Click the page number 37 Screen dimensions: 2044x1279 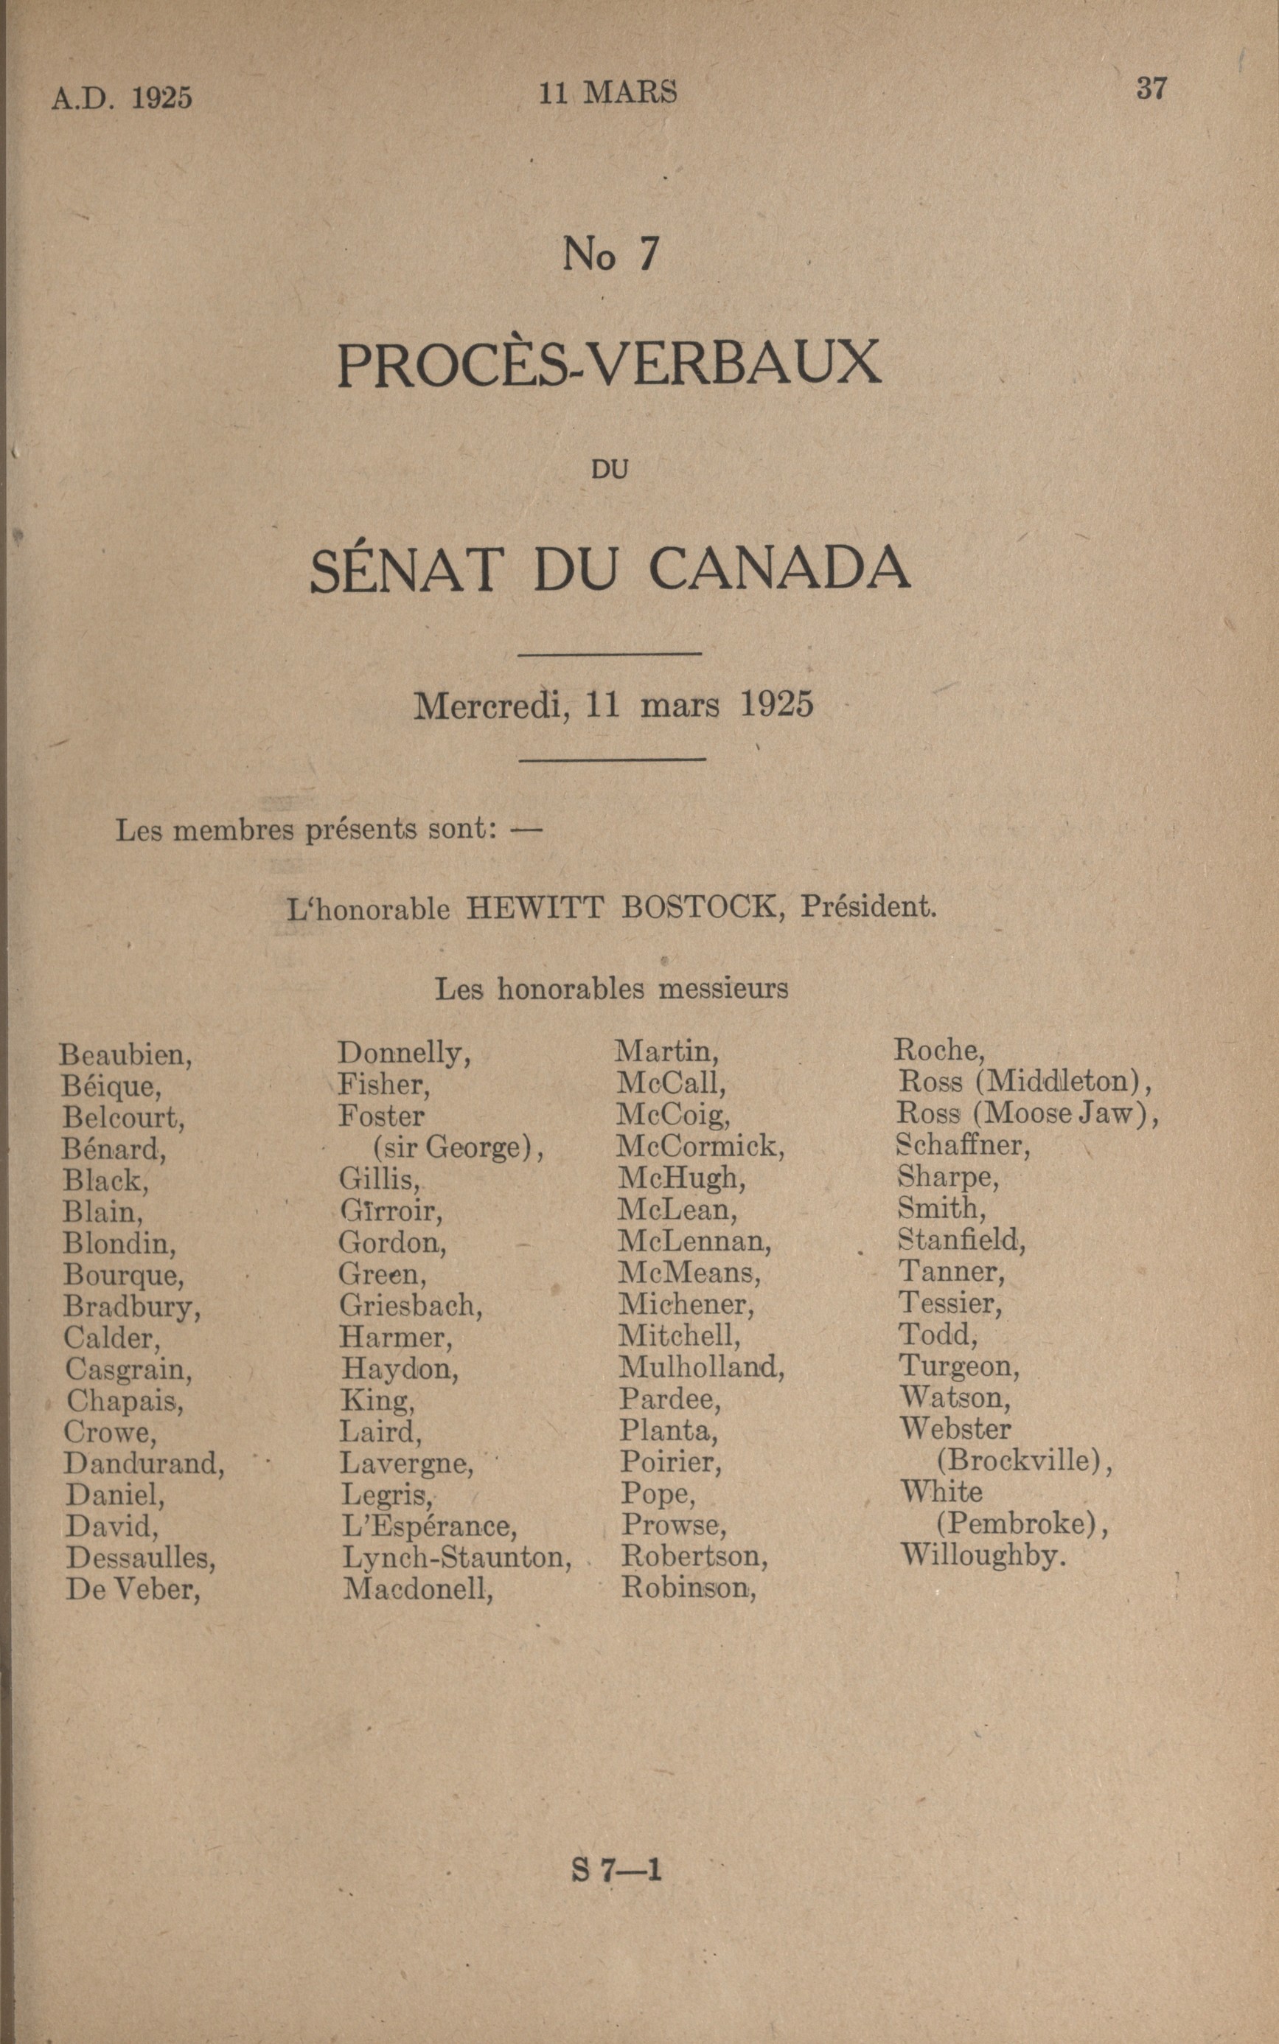pos(1151,88)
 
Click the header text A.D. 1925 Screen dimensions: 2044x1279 pos(122,98)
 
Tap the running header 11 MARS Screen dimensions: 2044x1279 pos(607,92)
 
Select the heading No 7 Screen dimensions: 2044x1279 pos(610,254)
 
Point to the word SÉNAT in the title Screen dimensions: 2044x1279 pos(406,569)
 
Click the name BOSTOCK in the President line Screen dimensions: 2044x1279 pos(699,907)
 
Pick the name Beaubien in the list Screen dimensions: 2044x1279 pos(125,1055)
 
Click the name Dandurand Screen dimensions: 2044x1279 pos(144,1464)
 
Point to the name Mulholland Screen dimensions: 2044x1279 pos(701,1367)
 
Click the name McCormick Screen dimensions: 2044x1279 pos(700,1147)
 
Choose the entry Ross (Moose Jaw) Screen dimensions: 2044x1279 pos(1027,1113)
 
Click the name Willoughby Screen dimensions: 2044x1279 pos(982,1555)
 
